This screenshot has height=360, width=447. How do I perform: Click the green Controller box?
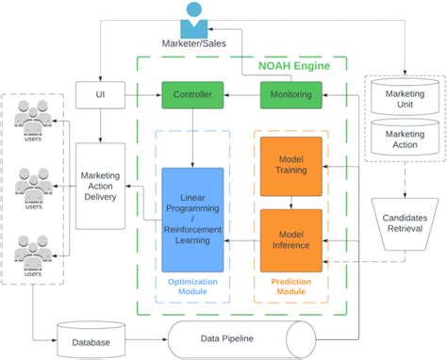coord(193,94)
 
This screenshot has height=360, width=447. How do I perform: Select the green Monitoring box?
coord(291,94)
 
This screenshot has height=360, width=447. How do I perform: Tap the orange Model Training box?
coord(290,166)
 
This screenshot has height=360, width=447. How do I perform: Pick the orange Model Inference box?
coord(290,234)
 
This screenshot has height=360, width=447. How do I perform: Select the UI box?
coord(100,94)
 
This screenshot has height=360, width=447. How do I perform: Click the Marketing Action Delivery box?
coord(100,186)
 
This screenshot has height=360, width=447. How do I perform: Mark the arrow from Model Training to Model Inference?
coord(290,202)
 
